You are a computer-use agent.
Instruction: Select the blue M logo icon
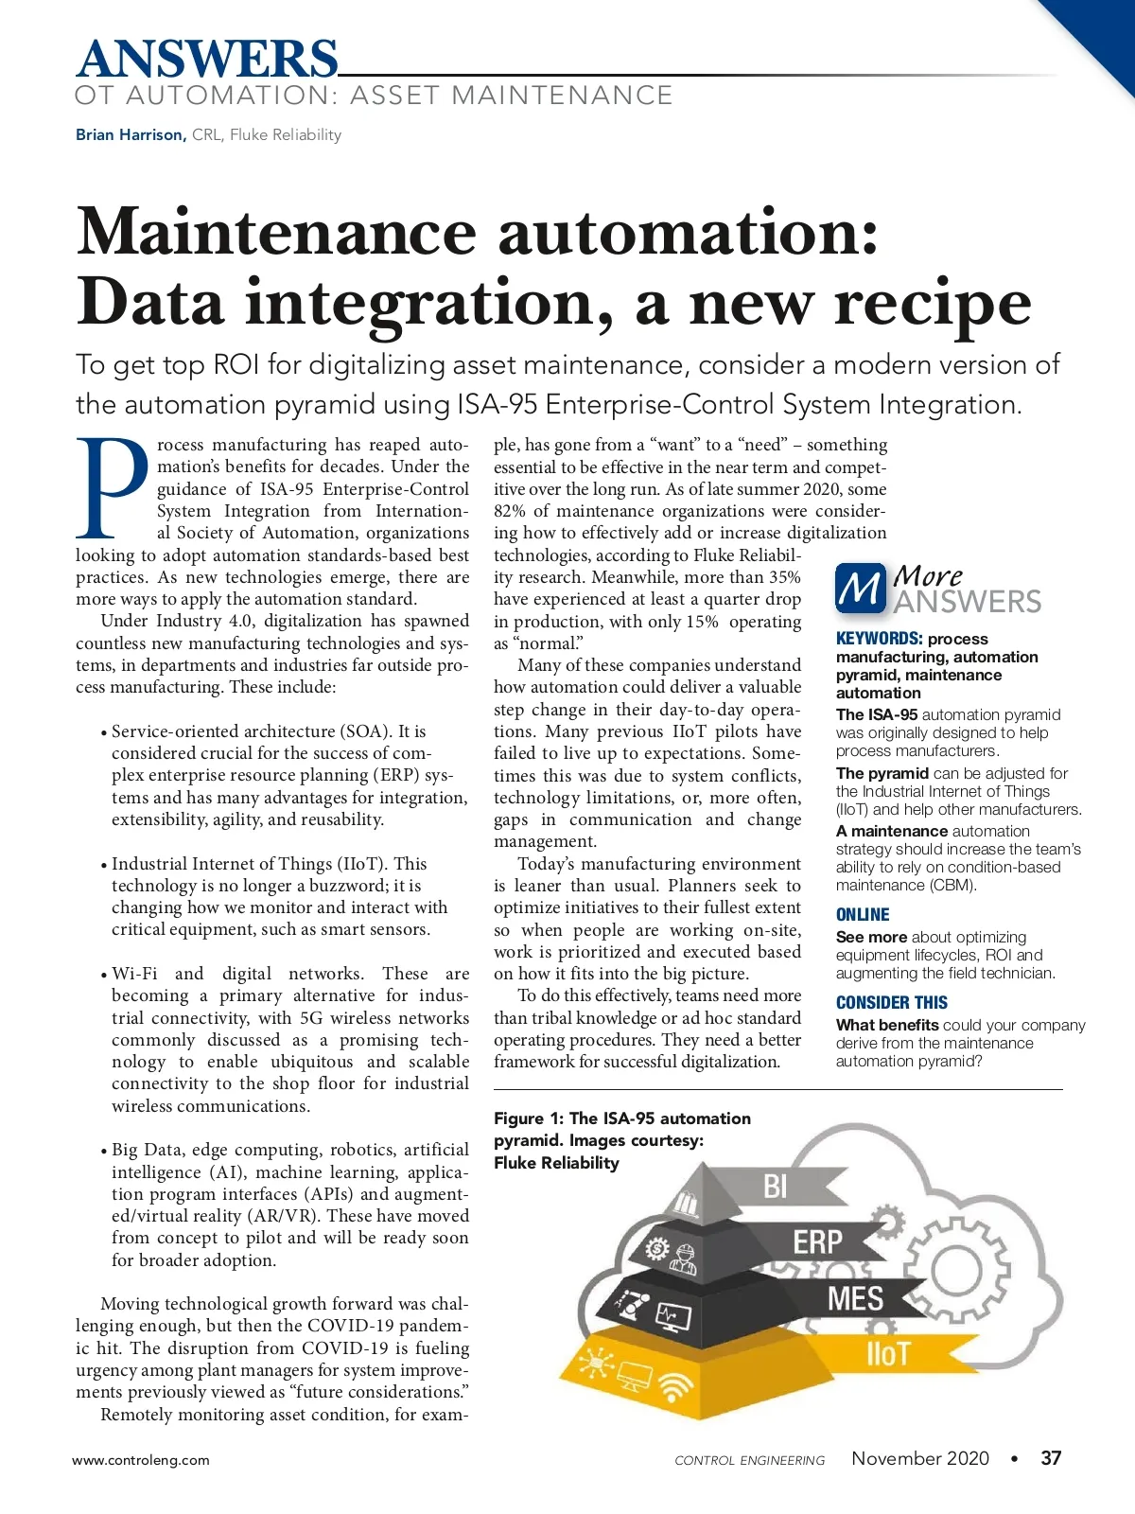pyautogui.click(x=860, y=589)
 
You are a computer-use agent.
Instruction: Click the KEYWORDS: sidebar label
pyautogui.click(x=879, y=639)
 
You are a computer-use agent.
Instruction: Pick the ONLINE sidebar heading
pyautogui.click(x=863, y=914)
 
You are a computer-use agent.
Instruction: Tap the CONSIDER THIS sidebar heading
pyautogui.click(x=891, y=1002)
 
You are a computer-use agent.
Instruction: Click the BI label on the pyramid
pyautogui.click(x=775, y=1186)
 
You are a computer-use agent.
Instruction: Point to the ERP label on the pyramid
pyautogui.click(x=817, y=1241)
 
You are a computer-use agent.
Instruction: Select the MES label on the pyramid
pyautogui.click(x=855, y=1298)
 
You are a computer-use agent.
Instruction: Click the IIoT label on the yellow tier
pyautogui.click(x=887, y=1354)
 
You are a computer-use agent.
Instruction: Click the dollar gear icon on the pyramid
pyautogui.click(x=656, y=1249)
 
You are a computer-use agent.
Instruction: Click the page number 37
pyautogui.click(x=1051, y=1458)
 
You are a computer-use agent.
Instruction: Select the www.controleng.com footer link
pyautogui.click(x=141, y=1460)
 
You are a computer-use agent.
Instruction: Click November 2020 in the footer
pyautogui.click(x=920, y=1458)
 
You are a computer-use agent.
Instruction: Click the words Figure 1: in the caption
pyautogui.click(x=528, y=1118)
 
